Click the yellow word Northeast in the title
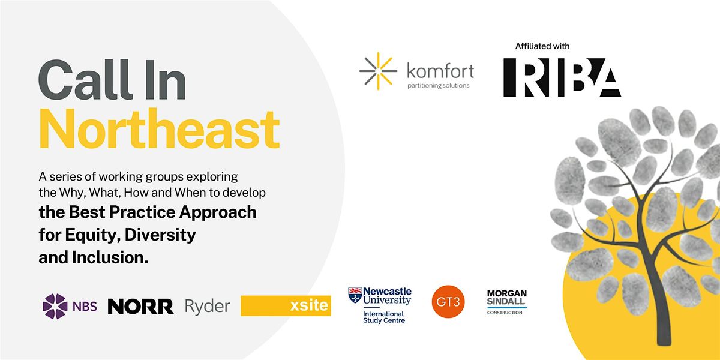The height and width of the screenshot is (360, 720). pyautogui.click(x=159, y=129)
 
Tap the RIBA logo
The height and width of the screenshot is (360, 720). pyautogui.click(x=562, y=77)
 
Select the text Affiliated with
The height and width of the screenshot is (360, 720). pyautogui.click(x=542, y=46)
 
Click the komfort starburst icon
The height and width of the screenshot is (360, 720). pyautogui.click(x=378, y=71)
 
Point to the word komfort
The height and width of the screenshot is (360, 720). pyautogui.click(x=440, y=70)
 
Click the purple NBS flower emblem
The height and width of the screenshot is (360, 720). pyautogui.click(x=55, y=306)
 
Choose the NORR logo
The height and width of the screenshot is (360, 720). pyautogui.click(x=141, y=307)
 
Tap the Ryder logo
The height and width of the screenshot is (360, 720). pyautogui.click(x=208, y=307)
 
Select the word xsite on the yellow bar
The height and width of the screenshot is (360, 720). pyautogui.click(x=309, y=305)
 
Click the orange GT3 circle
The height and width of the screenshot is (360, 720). pyautogui.click(x=448, y=301)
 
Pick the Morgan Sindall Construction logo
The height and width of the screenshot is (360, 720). pyautogui.click(x=507, y=302)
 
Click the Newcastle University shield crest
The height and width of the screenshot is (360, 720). pyautogui.click(x=355, y=295)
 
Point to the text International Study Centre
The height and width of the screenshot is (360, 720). pyautogui.click(x=384, y=317)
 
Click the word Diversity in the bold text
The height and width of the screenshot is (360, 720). pyautogui.click(x=160, y=235)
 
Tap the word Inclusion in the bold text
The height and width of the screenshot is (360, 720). pyautogui.click(x=110, y=257)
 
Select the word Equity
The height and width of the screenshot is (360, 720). pyautogui.click(x=93, y=235)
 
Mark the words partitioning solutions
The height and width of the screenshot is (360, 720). pyautogui.click(x=439, y=85)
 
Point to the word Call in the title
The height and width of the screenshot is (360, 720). pyautogui.click(x=85, y=79)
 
